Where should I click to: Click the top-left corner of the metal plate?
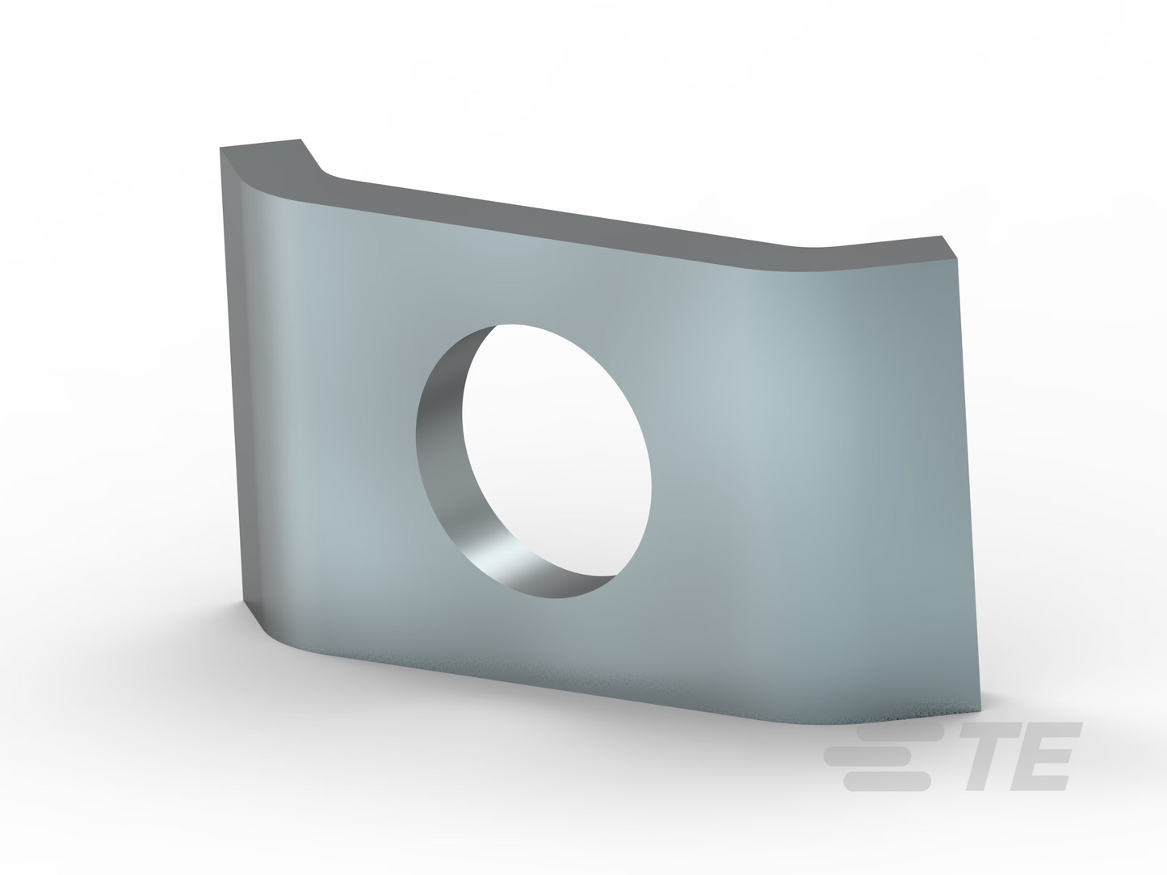[x=220, y=148]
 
